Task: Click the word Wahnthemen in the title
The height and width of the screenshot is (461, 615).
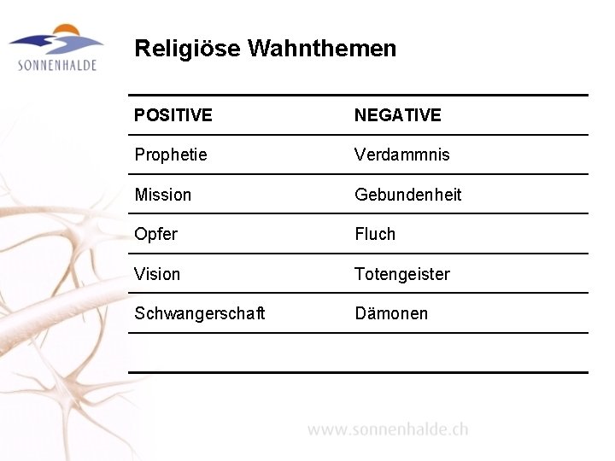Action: click(x=322, y=49)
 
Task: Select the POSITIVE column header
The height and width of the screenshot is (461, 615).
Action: click(x=173, y=115)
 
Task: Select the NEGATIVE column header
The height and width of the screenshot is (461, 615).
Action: click(x=398, y=115)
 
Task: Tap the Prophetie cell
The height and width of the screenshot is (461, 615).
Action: click(x=171, y=155)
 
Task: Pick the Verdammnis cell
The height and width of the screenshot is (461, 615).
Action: click(x=401, y=155)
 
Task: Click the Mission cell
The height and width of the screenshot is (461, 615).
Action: click(x=163, y=195)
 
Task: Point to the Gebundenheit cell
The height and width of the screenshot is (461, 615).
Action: click(x=408, y=195)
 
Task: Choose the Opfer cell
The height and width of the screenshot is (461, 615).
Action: click(x=156, y=234)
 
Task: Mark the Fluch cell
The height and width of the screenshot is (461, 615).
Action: click(x=376, y=234)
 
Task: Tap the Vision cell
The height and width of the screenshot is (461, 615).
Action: click(x=158, y=274)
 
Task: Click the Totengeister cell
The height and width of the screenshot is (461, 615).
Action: click(x=401, y=274)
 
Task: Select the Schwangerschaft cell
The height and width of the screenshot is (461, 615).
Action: click(x=199, y=313)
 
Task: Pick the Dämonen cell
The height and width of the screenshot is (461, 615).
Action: click(x=391, y=313)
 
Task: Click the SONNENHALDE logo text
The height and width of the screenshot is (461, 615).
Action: click(x=57, y=65)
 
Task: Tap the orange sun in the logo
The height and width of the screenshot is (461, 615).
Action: click(x=68, y=32)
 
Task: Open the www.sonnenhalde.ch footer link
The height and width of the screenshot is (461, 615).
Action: click(x=388, y=429)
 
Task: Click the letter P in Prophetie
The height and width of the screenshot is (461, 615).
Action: click(x=139, y=155)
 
